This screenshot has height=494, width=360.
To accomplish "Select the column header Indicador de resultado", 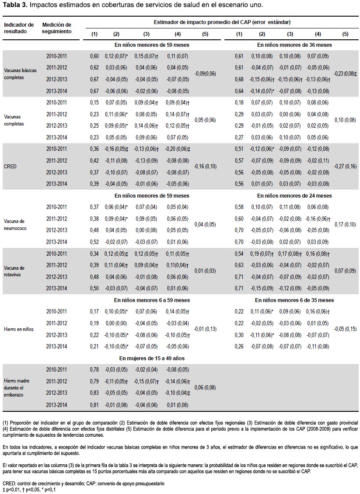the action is coord(19,28).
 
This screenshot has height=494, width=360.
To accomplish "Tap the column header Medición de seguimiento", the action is coord(57,28).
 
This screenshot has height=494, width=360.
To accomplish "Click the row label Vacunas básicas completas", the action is coord(20,74).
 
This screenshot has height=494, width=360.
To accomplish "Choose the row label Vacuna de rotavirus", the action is coord(14,271).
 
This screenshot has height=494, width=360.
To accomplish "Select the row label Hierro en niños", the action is coord(19,329).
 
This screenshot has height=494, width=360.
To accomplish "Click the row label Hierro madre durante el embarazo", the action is coord(16,387).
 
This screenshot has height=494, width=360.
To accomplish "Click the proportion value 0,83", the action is coord(94,393).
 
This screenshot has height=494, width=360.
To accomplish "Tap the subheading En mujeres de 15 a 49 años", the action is coord(152,358).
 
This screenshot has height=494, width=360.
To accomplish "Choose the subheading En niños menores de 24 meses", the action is coord(294,196).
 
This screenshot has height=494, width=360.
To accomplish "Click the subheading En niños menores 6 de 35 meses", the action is coord(294,300).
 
